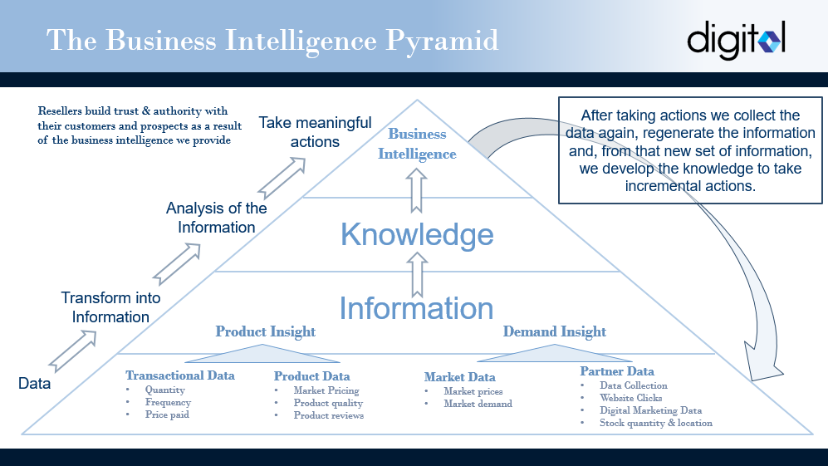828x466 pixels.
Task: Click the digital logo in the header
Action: click(736, 39)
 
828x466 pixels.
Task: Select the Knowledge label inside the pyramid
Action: click(417, 234)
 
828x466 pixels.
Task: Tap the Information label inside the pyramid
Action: click(416, 308)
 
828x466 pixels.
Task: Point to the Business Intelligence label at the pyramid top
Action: click(417, 144)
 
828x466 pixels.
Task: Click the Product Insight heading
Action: click(265, 332)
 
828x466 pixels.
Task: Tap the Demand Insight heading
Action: click(554, 332)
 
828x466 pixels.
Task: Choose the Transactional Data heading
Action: click(180, 375)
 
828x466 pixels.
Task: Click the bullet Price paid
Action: click(167, 414)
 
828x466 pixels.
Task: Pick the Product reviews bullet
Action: click(328, 415)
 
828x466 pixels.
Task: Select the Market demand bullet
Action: click(478, 404)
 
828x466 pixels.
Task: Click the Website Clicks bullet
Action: click(631, 398)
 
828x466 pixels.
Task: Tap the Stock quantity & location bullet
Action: click(656, 423)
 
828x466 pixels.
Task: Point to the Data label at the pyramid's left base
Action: click(34, 384)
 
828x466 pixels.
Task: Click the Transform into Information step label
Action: click(110, 307)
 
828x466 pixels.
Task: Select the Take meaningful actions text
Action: click(315, 132)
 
